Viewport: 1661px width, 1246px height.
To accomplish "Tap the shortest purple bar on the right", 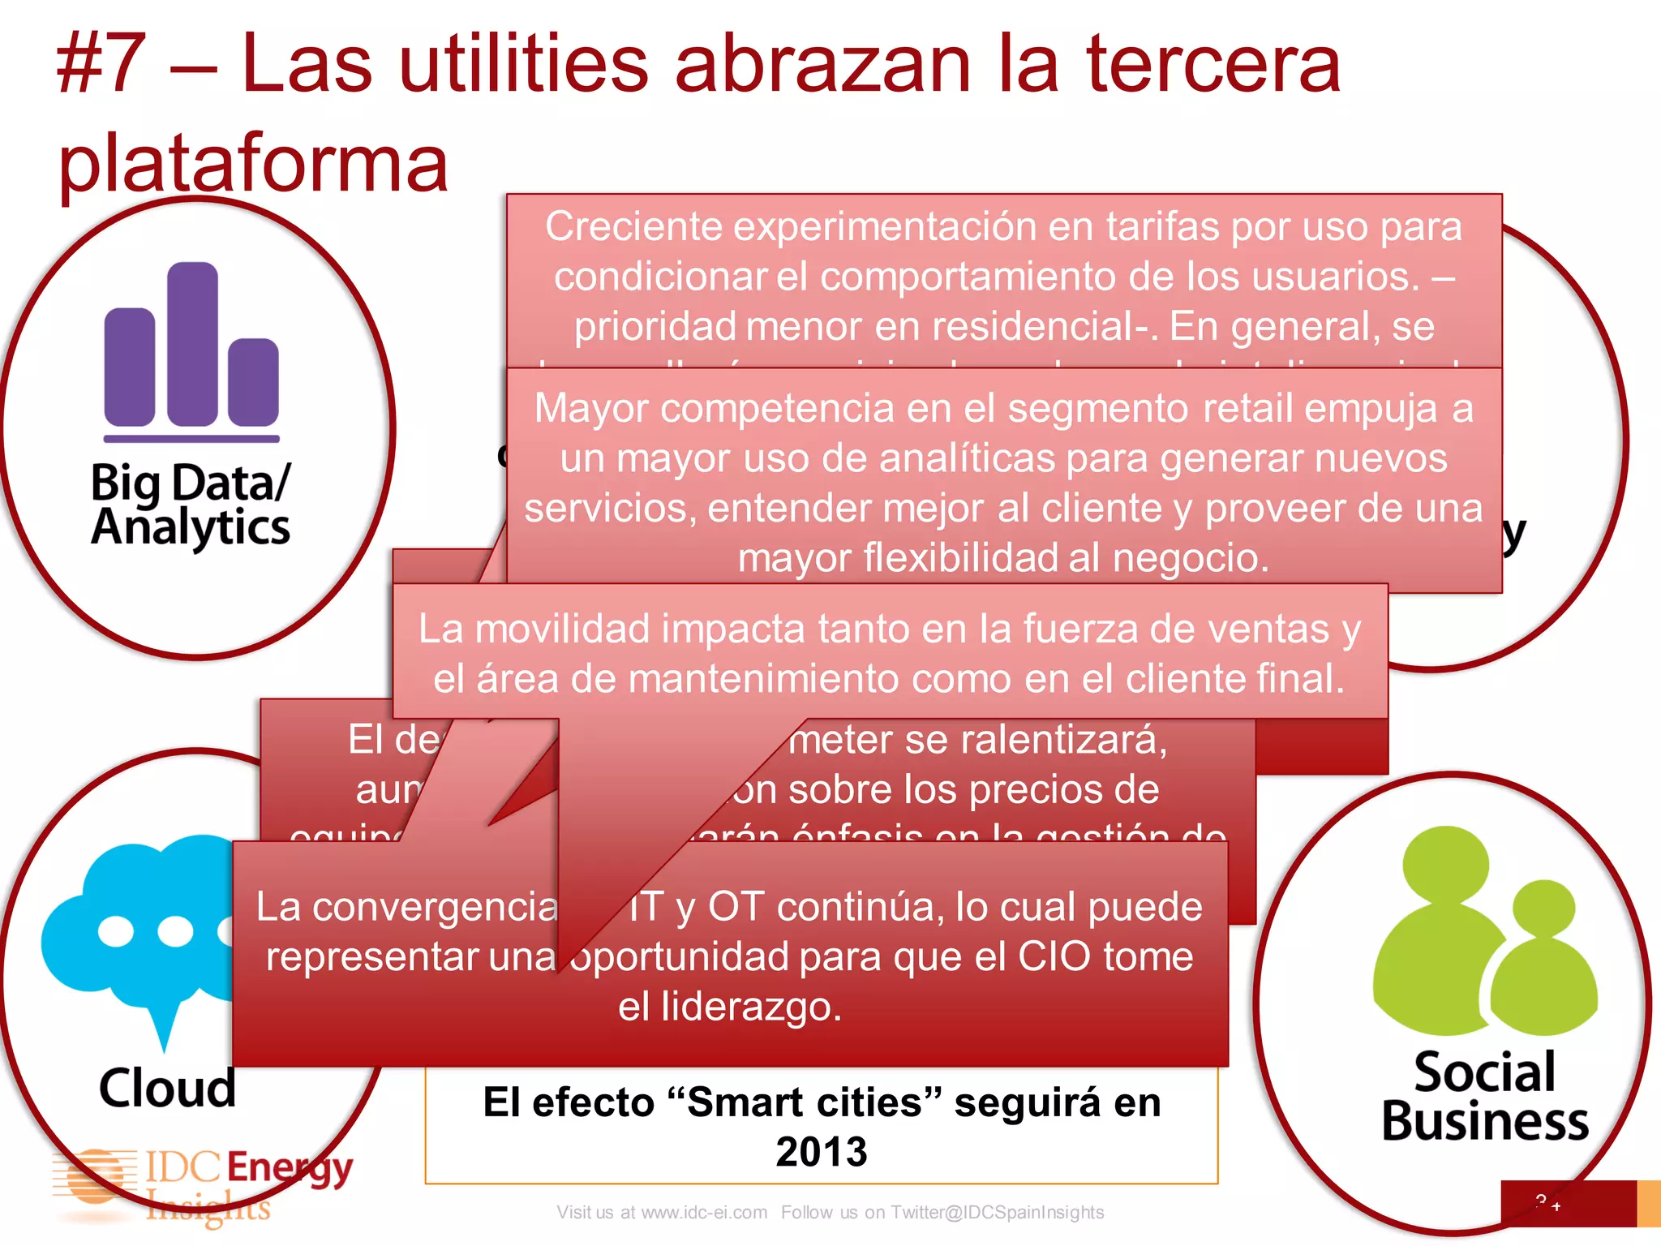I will (253, 381).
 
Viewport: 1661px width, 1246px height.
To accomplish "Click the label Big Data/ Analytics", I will (191, 505).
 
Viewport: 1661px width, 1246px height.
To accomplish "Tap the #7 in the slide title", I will (101, 65).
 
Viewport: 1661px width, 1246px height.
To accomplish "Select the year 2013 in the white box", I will (821, 1152).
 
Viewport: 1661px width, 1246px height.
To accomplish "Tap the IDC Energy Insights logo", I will (203, 1184).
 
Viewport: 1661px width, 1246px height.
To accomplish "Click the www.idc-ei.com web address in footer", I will (703, 1212).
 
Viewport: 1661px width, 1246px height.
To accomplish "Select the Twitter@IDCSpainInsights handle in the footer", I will (997, 1212).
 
